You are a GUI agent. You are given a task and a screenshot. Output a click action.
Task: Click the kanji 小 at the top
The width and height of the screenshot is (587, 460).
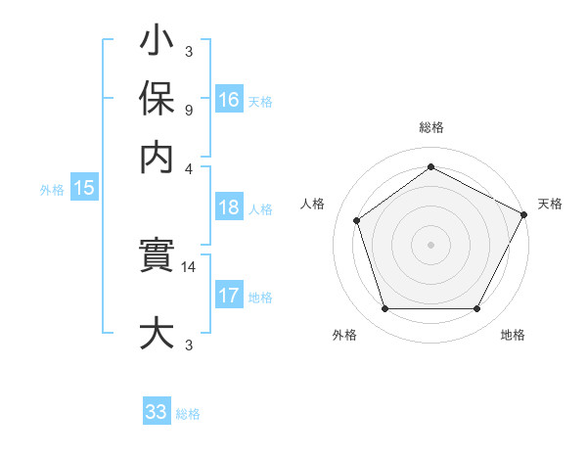coord(157,43)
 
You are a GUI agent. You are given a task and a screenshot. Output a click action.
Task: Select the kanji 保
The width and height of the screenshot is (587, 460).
coord(157,100)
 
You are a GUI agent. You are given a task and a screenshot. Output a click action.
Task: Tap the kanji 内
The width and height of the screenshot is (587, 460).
coord(157,157)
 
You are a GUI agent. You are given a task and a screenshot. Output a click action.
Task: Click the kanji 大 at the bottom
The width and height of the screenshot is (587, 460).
coord(157,333)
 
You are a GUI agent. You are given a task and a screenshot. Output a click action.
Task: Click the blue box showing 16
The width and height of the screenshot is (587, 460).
coord(229,100)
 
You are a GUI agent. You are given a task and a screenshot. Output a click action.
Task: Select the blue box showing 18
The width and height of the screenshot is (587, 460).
coord(229,207)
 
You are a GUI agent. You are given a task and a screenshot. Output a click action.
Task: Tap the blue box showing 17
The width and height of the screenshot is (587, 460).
coord(229,296)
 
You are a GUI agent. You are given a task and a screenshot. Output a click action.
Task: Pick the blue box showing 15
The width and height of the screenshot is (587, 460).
coord(84,189)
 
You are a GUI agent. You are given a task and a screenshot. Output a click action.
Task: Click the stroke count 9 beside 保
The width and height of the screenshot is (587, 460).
coord(188,111)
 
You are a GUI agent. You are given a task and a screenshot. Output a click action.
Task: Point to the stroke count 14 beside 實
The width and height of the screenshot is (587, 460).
coord(189,265)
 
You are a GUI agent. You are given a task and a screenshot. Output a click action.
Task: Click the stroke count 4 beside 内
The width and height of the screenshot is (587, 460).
coord(188,167)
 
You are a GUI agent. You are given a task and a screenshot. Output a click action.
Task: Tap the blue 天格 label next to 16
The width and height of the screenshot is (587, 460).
coord(260,102)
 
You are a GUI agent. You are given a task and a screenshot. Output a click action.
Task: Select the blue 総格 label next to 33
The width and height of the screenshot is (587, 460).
coord(188,414)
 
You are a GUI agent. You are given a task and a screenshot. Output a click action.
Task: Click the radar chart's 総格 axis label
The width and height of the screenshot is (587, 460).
coord(430,128)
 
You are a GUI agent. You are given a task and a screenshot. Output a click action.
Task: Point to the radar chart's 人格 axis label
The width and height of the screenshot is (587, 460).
coord(313,204)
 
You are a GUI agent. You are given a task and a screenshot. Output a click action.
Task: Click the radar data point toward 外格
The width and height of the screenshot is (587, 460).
coord(384,309)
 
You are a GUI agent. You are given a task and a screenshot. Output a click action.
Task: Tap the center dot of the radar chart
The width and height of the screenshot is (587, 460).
coord(430,244)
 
